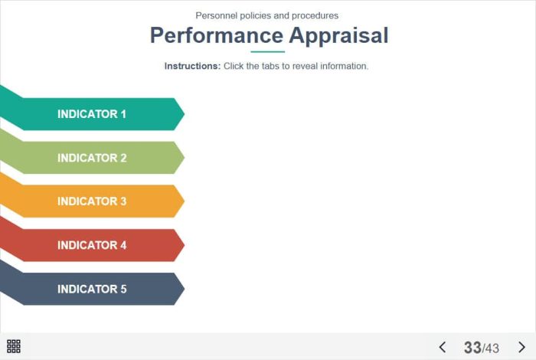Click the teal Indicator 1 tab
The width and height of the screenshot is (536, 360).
pos(93,114)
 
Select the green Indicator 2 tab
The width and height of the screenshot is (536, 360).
pos(93,158)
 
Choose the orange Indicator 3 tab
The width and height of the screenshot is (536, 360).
pos(93,201)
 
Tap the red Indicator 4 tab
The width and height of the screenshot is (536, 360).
pos(93,245)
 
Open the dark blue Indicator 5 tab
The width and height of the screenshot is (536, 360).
pos(93,289)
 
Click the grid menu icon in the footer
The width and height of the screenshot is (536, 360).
pos(14,346)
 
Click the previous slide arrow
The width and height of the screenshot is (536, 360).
pos(442,347)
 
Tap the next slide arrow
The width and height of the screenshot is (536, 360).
pos(521,347)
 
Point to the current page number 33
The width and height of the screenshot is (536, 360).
pos(472,348)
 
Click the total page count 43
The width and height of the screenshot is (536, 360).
pos(492,349)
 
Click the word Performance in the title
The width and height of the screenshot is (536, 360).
pos(217,36)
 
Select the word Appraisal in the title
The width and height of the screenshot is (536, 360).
pos(338,36)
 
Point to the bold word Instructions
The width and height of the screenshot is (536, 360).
pos(192,66)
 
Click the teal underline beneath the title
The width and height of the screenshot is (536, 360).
pos(268,52)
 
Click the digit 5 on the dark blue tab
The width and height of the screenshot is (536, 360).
pos(123,290)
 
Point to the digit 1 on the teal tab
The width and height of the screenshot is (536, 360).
pos(123,114)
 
